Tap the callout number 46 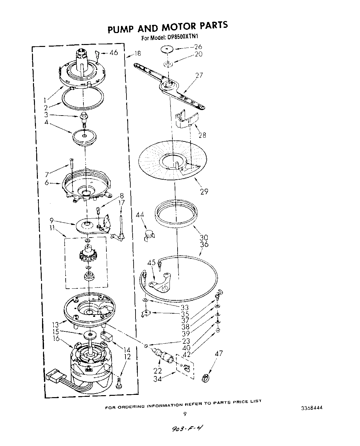point(114,53)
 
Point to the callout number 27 point(199,75)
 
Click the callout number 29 point(204,192)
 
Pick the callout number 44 point(140,215)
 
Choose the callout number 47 point(219,353)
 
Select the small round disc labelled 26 point(167,49)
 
